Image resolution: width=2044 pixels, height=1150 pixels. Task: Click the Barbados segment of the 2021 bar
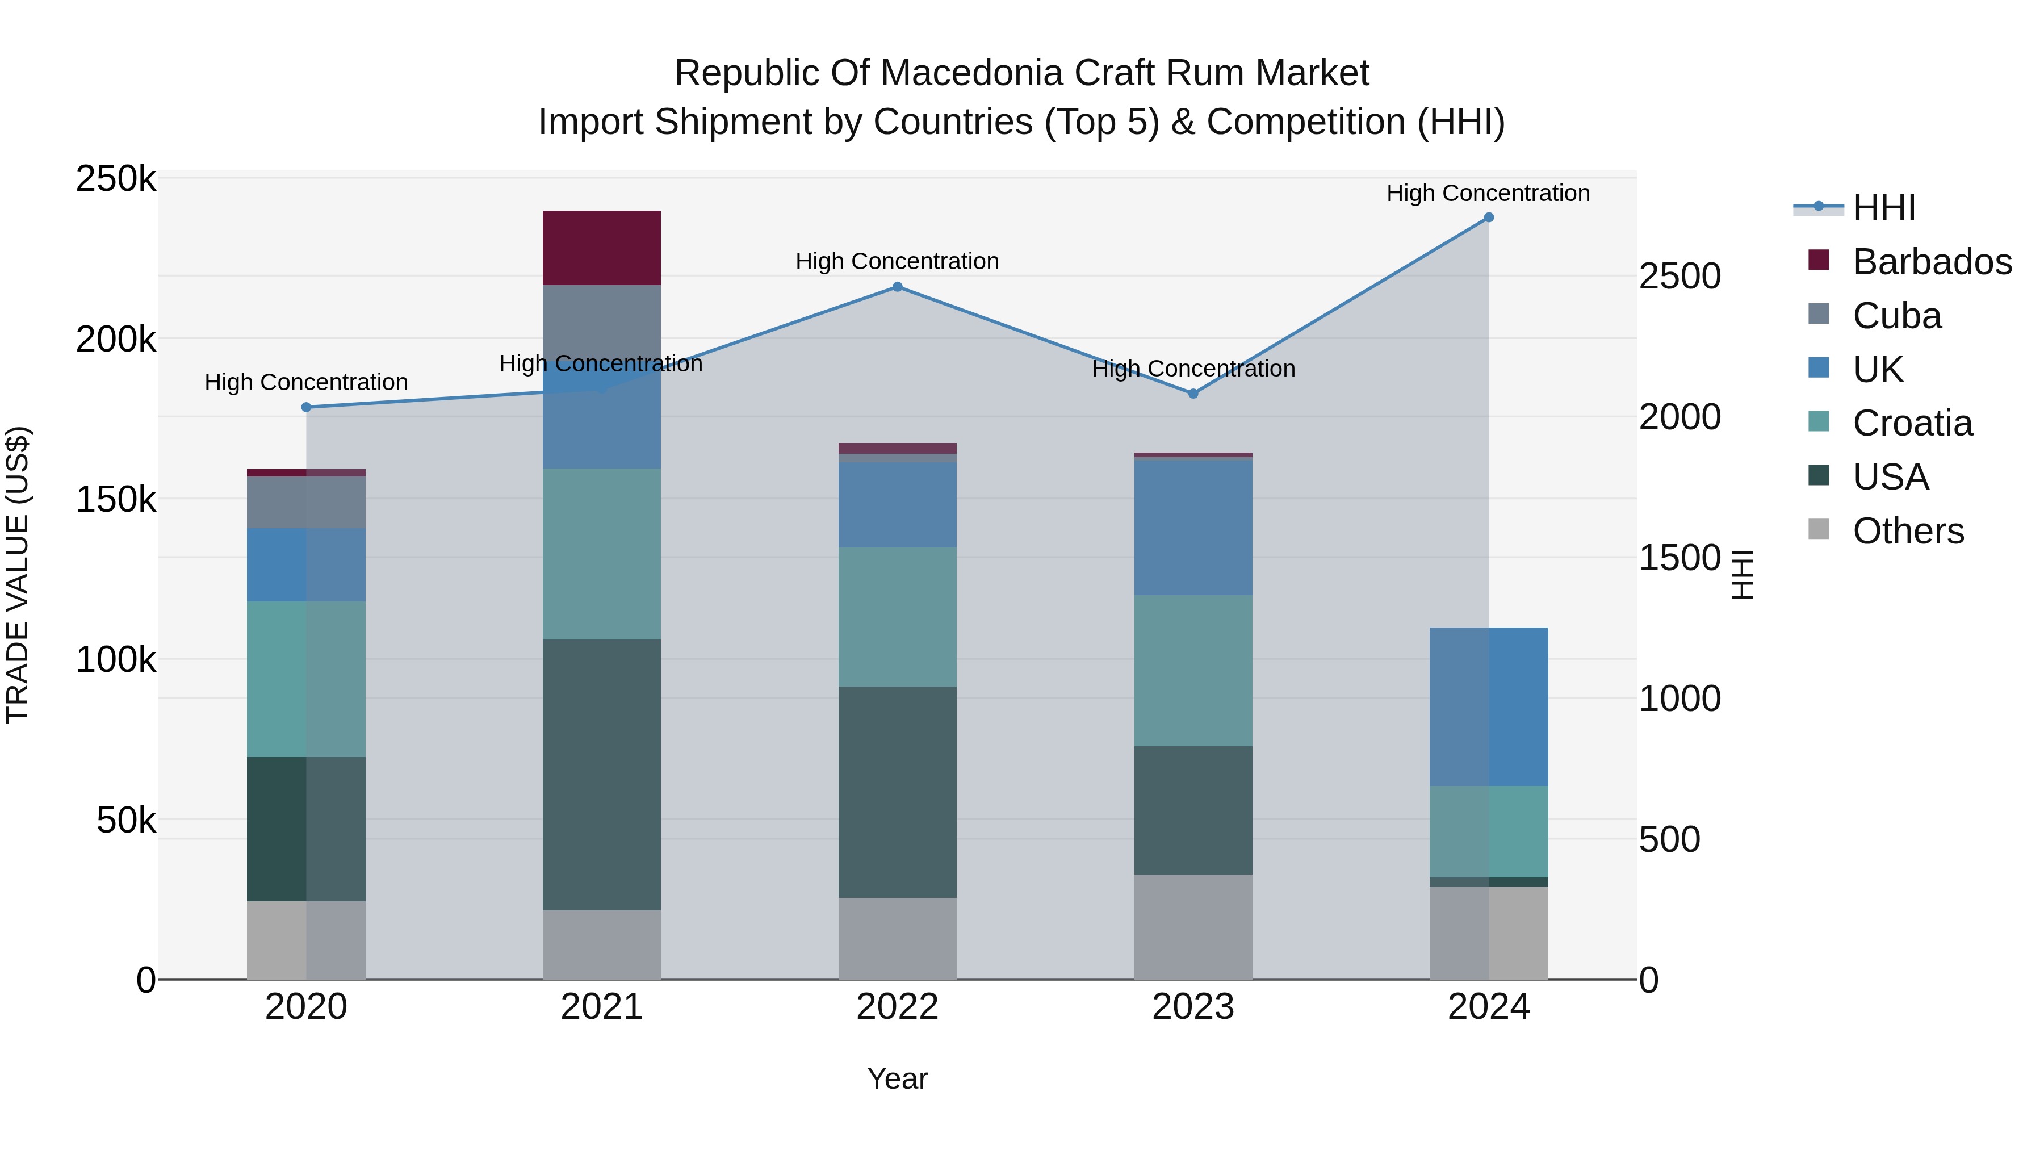point(601,248)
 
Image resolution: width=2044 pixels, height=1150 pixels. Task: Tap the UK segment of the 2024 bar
point(1489,706)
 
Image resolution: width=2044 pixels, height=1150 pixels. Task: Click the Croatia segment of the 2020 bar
point(306,679)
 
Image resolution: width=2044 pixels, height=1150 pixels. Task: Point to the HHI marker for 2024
point(1489,218)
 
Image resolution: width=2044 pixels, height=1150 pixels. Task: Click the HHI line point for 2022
point(898,287)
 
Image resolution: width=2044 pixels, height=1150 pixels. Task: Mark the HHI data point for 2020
point(306,407)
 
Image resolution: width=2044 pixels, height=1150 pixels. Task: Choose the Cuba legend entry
point(1896,316)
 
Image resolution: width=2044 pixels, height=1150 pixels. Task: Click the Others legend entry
point(1908,531)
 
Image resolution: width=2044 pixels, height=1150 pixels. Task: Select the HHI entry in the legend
point(1884,208)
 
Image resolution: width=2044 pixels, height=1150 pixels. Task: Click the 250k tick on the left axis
point(116,179)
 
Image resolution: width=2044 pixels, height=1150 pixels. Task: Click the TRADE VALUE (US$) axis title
point(18,575)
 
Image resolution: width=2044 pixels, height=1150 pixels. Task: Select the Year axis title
point(898,1078)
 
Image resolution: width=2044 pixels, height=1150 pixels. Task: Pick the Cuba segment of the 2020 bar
point(306,503)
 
